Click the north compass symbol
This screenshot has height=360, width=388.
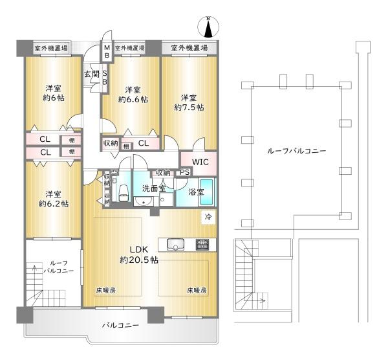208,27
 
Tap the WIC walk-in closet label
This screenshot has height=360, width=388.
200,163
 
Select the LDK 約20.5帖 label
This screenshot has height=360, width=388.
139,254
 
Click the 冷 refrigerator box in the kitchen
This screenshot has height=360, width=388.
208,218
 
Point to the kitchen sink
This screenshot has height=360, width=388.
175,245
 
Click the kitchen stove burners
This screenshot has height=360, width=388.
202,245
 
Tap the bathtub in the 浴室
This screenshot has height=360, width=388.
206,192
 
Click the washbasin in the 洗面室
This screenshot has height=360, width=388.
144,201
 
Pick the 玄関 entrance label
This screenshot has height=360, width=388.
92,74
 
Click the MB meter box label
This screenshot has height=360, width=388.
107,51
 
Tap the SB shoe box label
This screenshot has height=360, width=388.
105,78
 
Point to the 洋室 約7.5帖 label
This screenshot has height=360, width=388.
189,102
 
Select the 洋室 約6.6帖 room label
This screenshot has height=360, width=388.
133,95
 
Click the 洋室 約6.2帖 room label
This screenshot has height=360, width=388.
54,199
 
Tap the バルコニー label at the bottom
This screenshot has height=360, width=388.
120,325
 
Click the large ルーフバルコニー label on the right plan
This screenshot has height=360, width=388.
296,151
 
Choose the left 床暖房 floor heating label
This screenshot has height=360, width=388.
105,290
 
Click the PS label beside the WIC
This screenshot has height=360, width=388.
184,172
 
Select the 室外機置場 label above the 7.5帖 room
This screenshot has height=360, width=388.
189,48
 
